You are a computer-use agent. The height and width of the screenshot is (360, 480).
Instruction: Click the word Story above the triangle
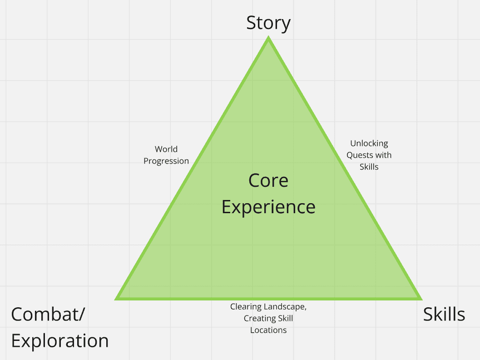pos(268,23)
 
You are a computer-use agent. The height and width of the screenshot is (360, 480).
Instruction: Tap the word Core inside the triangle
pos(268,180)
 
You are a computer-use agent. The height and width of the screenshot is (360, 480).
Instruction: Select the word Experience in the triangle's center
pos(268,207)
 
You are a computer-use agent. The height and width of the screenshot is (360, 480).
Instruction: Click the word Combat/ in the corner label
pos(48,315)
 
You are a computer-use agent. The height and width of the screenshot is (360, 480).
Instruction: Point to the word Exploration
pos(60,341)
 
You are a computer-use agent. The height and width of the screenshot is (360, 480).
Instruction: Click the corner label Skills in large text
pos(444,315)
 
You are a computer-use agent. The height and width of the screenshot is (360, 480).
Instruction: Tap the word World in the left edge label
pos(166,149)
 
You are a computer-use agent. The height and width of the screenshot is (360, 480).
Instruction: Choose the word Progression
pos(166,161)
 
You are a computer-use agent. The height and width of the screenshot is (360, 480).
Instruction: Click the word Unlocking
pos(369,143)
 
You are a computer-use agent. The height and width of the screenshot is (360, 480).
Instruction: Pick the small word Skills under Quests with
pos(369,167)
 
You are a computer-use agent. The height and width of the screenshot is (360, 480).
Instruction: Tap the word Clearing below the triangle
pos(246,306)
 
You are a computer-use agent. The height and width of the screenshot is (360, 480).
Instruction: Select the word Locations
pos(268,330)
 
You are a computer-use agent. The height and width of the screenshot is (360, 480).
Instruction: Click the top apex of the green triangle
pos(268,38)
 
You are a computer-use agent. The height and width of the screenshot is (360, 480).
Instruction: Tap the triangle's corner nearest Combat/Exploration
pos(117,298)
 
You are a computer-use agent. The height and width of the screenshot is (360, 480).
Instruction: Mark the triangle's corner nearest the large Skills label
pos(420,298)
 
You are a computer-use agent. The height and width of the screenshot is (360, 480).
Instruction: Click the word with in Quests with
pos(384,155)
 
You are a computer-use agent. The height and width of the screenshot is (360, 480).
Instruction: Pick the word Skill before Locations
pos(284,318)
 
